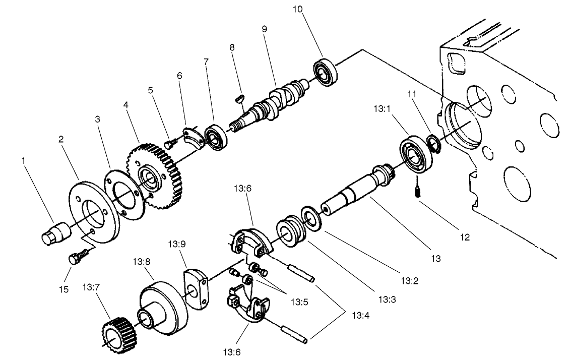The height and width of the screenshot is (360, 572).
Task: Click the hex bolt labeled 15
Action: point(74,259)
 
